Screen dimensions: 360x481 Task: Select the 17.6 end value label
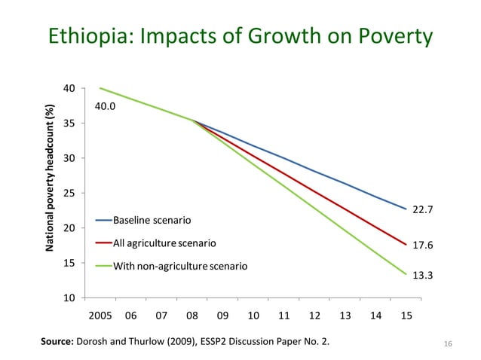[422, 245]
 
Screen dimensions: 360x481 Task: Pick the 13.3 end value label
[422, 275]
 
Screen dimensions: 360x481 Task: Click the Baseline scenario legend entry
[152, 221]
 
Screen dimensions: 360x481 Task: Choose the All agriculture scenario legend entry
[164, 243]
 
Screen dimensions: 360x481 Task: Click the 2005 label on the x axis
[101, 316]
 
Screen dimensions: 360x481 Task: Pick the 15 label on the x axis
[406, 316]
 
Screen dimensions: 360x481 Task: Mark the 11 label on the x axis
[284, 316]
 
